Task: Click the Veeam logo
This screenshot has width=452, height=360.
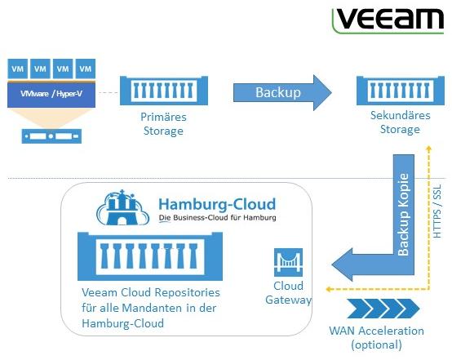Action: (388, 20)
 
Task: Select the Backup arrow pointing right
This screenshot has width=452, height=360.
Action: (282, 92)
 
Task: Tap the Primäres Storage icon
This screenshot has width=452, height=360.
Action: (164, 91)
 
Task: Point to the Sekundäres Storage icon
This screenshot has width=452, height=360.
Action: (401, 91)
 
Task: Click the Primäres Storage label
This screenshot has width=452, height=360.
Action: (163, 124)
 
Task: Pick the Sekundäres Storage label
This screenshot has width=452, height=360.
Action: (400, 122)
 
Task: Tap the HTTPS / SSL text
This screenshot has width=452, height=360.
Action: (437, 211)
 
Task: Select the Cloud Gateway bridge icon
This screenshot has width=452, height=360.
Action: (288, 262)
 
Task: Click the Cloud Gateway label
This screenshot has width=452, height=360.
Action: (288, 293)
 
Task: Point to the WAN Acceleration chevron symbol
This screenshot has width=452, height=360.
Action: (383, 309)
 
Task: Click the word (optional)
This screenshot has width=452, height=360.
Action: (376, 344)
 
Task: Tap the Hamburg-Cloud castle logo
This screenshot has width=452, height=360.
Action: (122, 207)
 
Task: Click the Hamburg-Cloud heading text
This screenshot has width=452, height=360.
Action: (217, 204)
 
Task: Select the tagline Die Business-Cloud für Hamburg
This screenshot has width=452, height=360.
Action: (217, 218)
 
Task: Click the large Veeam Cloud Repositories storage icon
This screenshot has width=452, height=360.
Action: (150, 256)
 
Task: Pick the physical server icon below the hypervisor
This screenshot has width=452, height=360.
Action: (51, 136)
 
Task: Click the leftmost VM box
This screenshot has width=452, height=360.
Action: (18, 69)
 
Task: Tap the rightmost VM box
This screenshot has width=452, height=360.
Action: (86, 69)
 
